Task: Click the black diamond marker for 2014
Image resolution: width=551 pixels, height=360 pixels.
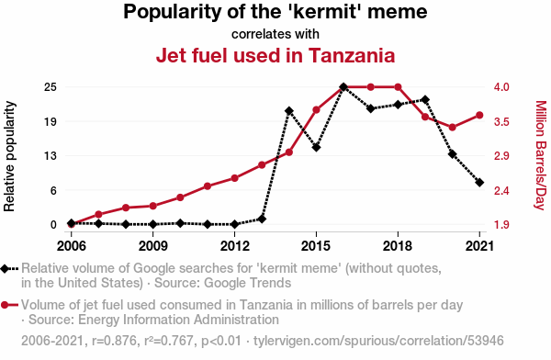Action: pyautogui.click(x=289, y=111)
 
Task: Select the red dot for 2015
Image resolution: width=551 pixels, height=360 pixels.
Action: pyautogui.click(x=316, y=110)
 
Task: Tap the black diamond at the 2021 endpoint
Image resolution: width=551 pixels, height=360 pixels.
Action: pyautogui.click(x=479, y=183)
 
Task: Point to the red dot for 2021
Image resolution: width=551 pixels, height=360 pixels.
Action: pyautogui.click(x=479, y=116)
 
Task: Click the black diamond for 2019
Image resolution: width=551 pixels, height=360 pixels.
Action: pyautogui.click(x=425, y=100)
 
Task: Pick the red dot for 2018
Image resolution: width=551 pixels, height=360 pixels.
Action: pyautogui.click(x=398, y=87)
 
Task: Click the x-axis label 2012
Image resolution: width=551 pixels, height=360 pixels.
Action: pyautogui.click(x=235, y=246)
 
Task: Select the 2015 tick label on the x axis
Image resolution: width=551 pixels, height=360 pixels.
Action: pyautogui.click(x=316, y=246)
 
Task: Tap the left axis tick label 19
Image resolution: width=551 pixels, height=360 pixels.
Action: pyautogui.click(x=51, y=121)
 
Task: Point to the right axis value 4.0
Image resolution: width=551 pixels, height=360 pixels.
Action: pyautogui.click(x=501, y=87)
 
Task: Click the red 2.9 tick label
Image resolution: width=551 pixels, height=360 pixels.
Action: pyautogui.click(x=501, y=156)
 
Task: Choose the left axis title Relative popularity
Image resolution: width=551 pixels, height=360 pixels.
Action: pyautogui.click(x=9, y=156)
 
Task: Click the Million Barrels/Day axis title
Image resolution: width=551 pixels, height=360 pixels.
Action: pyautogui.click(x=541, y=155)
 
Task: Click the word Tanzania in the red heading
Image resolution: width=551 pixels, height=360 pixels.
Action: pyautogui.click(x=352, y=55)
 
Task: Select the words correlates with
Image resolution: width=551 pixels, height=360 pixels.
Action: pyautogui.click(x=275, y=34)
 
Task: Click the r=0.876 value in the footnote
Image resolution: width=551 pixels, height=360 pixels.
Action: pyautogui.click(x=114, y=341)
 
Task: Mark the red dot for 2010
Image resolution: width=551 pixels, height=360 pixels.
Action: pyautogui.click(x=180, y=197)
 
